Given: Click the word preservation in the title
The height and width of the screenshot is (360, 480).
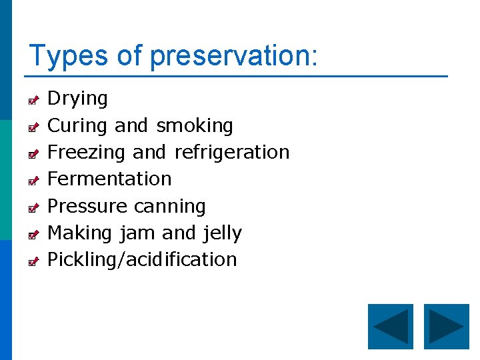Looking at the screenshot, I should [x=230, y=56].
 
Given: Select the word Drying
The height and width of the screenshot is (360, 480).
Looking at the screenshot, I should [x=77, y=99].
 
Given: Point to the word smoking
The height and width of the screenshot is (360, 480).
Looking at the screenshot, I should [x=195, y=125].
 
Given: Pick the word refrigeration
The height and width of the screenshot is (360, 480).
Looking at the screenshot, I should [x=231, y=152].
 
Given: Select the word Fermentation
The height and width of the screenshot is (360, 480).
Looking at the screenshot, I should [x=110, y=179].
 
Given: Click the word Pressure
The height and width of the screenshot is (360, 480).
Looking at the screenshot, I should [x=86, y=206].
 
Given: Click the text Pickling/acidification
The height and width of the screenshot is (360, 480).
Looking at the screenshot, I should [x=142, y=259].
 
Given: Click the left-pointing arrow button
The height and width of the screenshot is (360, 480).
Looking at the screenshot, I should [x=391, y=327].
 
